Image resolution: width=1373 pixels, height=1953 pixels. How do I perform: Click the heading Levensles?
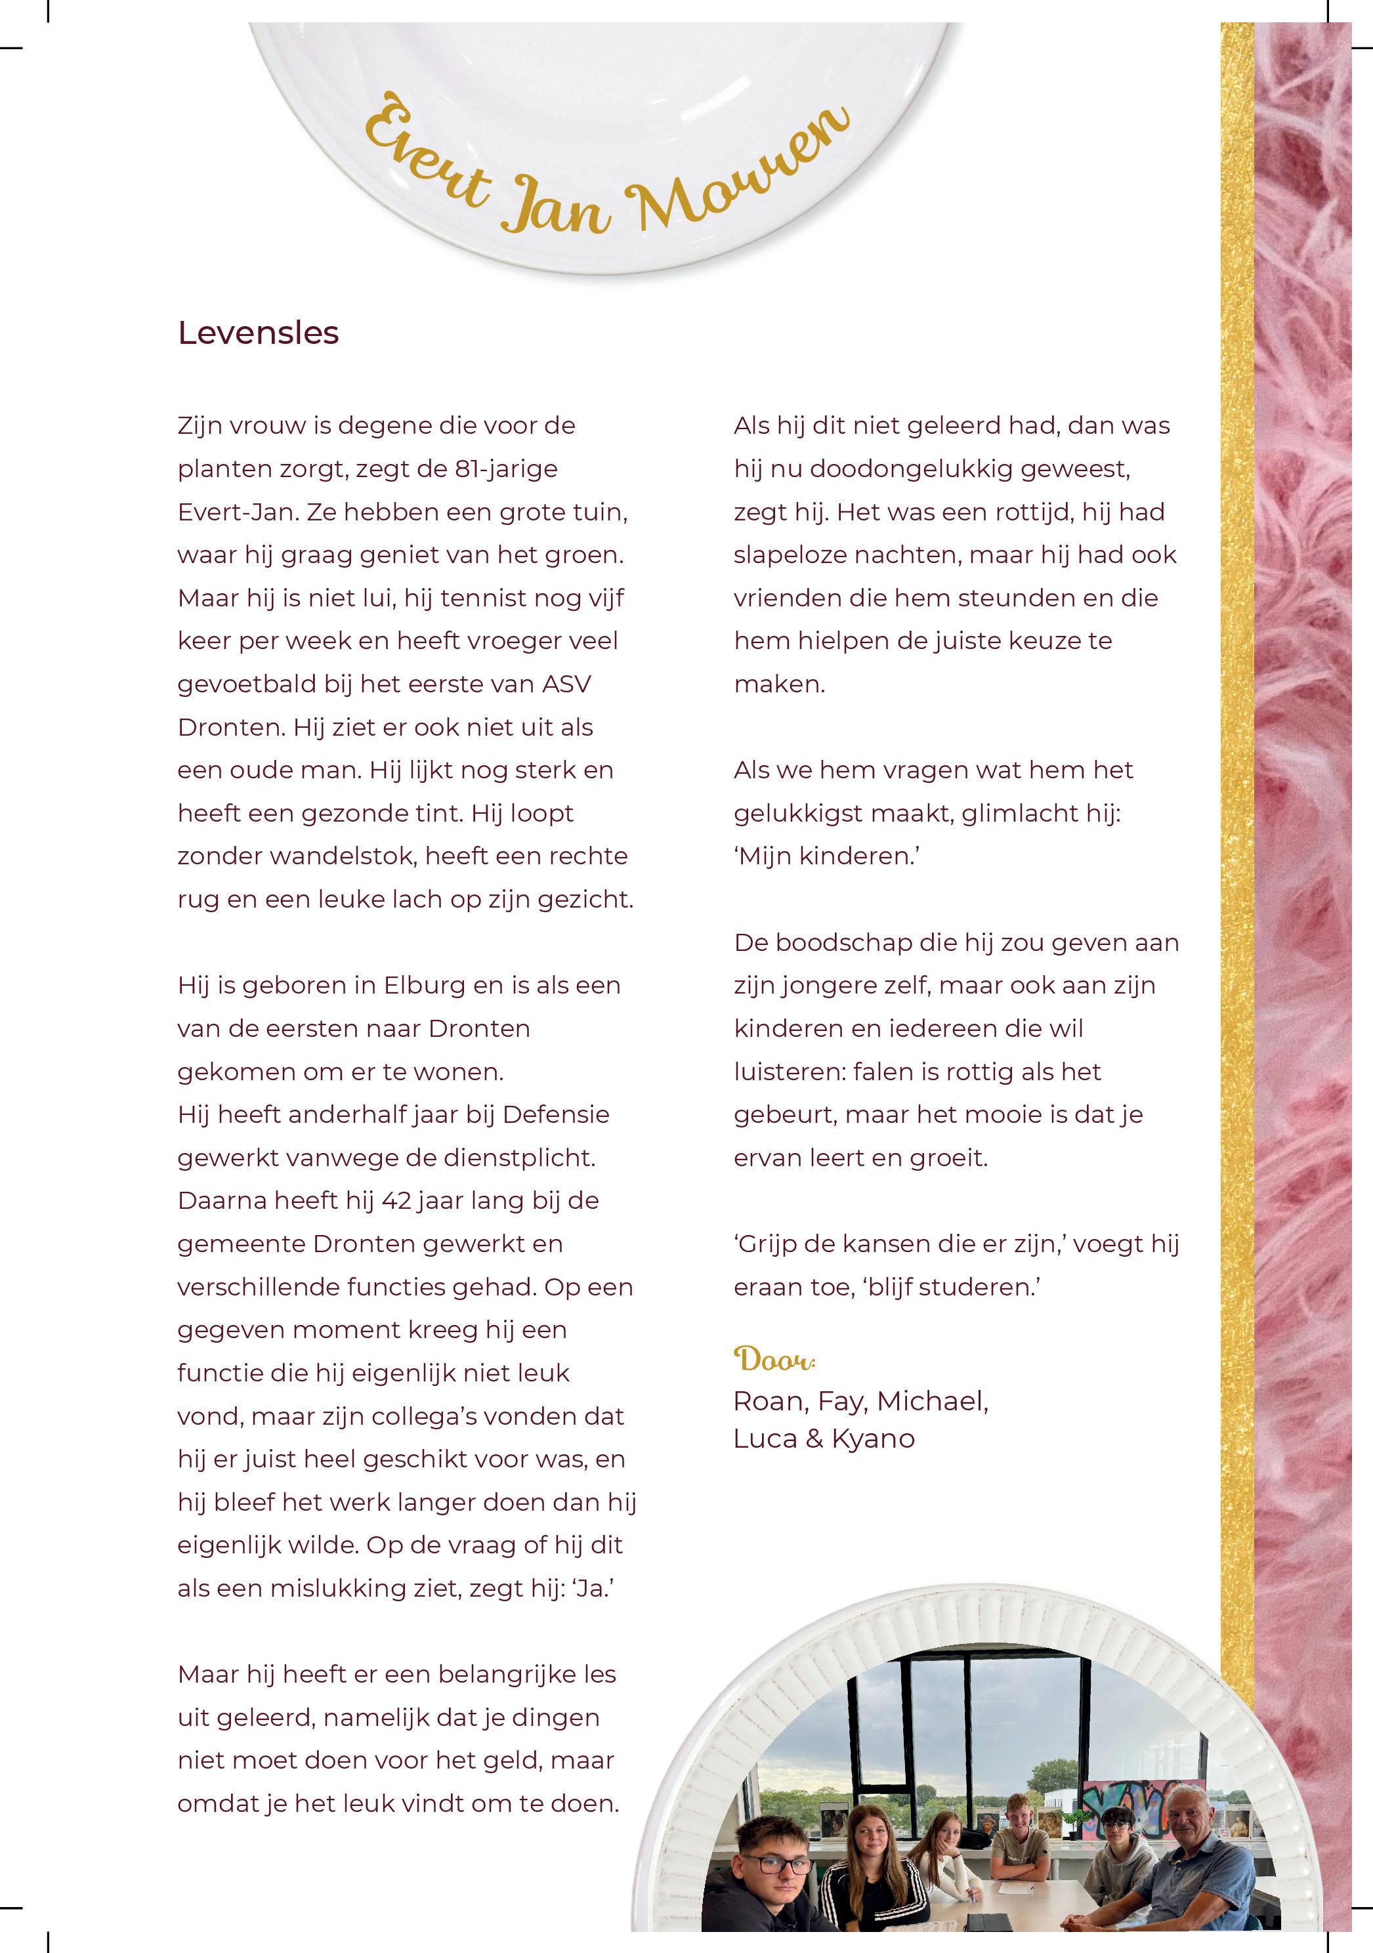click(258, 333)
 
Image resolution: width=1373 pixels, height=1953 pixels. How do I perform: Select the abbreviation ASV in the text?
click(566, 684)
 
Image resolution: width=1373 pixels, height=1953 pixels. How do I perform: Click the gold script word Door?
click(774, 1358)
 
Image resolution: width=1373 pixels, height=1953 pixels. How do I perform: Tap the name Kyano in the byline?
click(873, 1438)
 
